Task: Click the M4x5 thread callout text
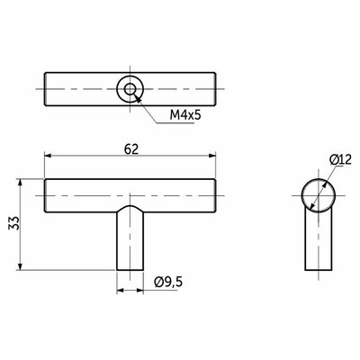(x=184, y=114)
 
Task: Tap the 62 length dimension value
(x=131, y=149)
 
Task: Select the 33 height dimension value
(x=14, y=223)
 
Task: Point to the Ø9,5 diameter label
(x=168, y=282)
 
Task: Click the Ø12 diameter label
(x=340, y=160)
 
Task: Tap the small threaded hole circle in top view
(x=130, y=89)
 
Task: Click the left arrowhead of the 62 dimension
(x=48, y=156)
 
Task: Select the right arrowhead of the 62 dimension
(x=212, y=156)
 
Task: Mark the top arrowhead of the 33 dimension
(x=20, y=183)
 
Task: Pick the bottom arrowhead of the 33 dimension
(x=20, y=266)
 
